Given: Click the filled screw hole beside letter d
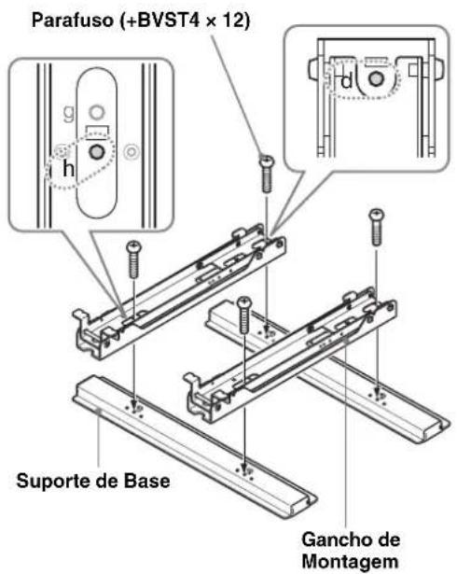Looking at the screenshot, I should click(374, 79).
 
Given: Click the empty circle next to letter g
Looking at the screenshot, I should click(94, 115).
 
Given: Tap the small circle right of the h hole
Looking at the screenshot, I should click(131, 148).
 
